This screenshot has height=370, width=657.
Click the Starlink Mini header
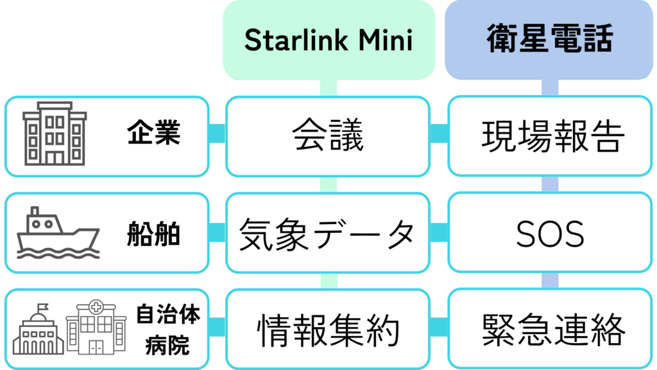click(328, 40)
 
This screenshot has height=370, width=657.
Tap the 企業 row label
click(153, 135)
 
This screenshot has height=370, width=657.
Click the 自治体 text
click(168, 315)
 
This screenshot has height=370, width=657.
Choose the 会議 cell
click(328, 136)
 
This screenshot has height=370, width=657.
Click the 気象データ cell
click(328, 233)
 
